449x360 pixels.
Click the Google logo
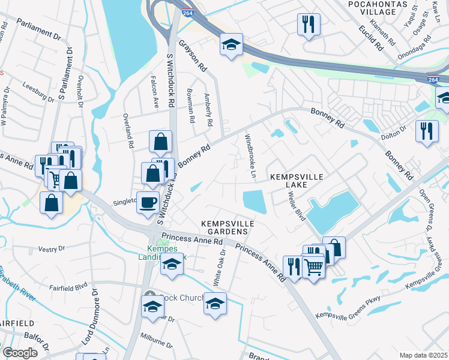click(20, 353)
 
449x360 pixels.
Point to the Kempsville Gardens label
click(228, 227)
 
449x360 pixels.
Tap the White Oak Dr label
click(220, 270)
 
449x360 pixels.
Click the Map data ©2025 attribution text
click(423, 355)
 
